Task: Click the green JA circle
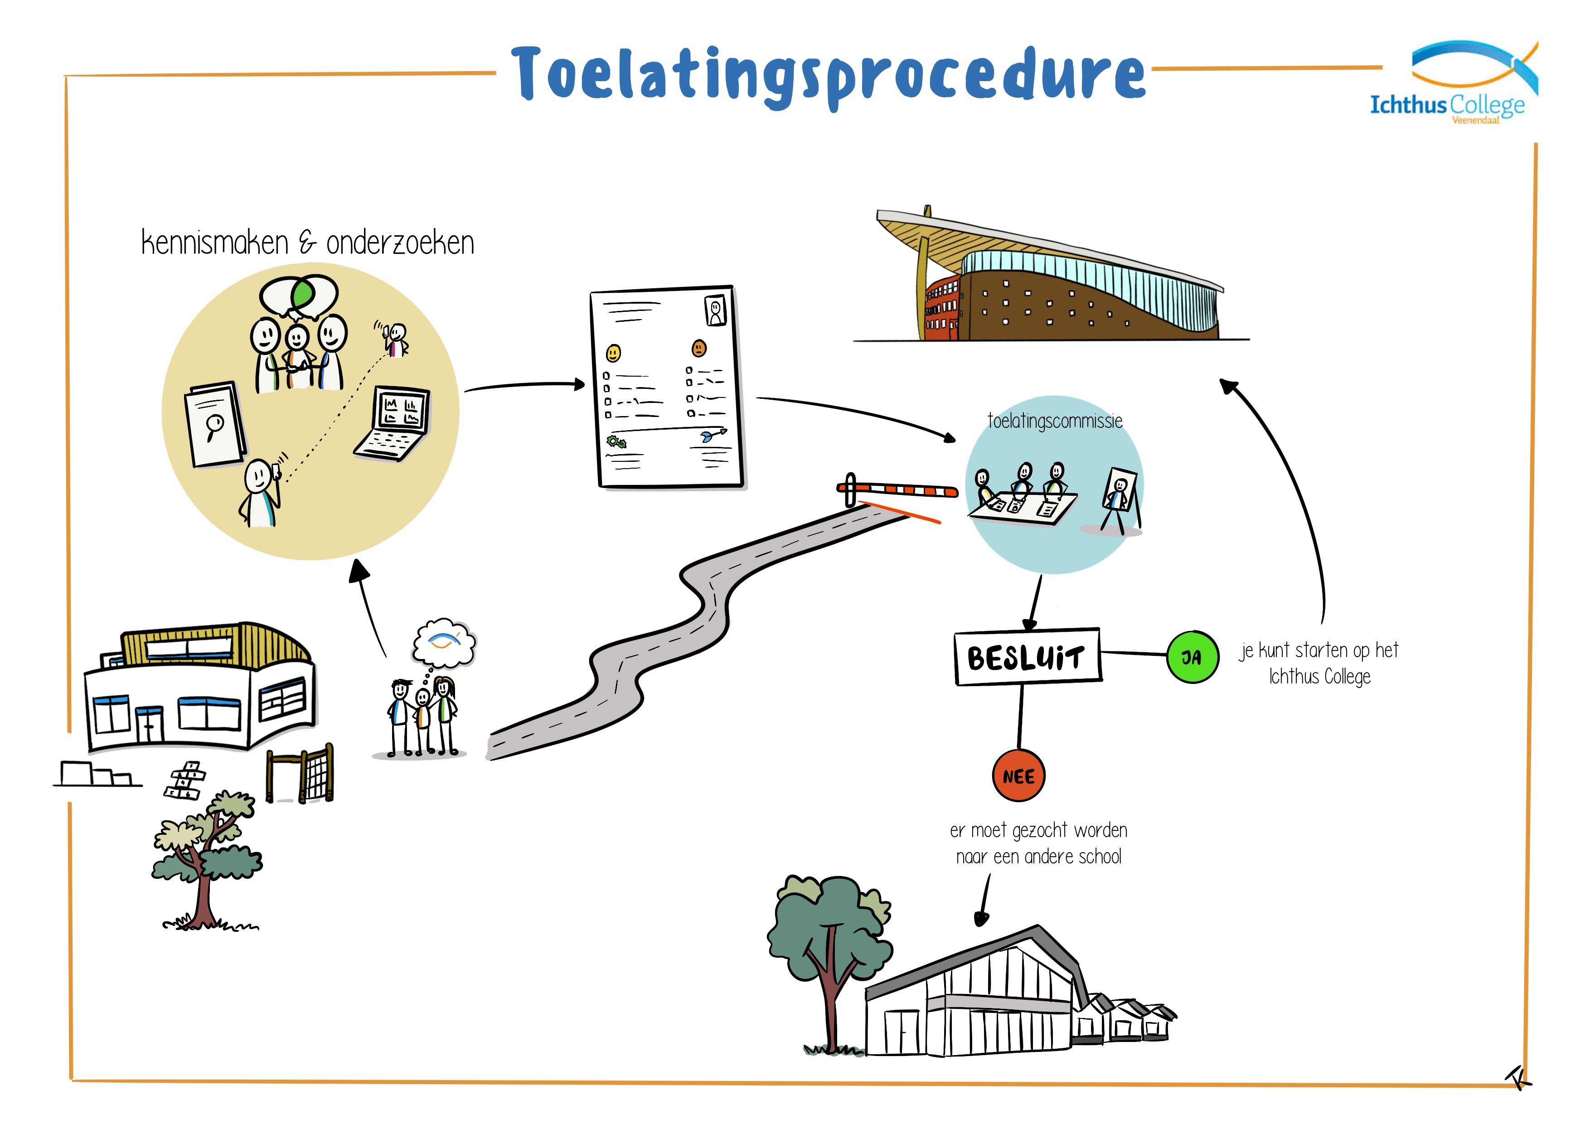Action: coord(1192,657)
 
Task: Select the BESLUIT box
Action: coord(1027,657)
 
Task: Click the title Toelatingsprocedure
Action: coord(828,75)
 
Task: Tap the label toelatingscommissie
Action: coord(1054,421)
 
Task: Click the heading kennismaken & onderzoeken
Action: coord(307,243)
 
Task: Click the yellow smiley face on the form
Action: coord(613,353)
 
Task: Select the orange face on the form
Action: coord(699,348)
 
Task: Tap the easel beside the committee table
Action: coord(1119,495)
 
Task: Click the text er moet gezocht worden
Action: coord(1038,830)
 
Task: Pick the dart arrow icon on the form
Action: coord(713,435)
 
